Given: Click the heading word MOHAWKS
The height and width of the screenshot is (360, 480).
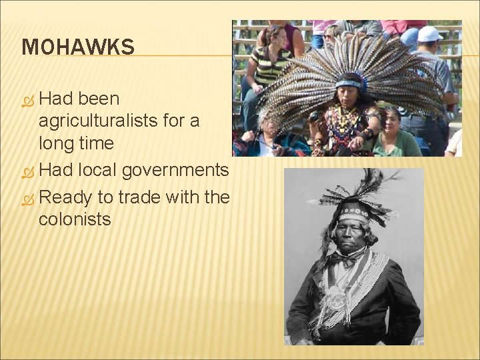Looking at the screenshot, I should (x=78, y=47).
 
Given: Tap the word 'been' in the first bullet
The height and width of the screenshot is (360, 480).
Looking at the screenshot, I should (x=99, y=98).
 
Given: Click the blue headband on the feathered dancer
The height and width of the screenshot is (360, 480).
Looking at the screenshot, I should (x=348, y=83).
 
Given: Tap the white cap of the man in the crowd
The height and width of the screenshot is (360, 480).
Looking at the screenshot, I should (x=429, y=33).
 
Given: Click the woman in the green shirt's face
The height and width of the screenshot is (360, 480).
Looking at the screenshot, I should (x=391, y=119).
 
